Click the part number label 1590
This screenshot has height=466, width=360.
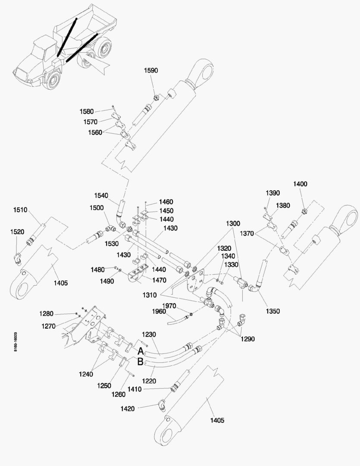(151, 70)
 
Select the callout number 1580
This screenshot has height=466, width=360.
(86, 111)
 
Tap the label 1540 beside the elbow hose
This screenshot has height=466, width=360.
(101, 195)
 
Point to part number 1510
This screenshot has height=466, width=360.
(20, 210)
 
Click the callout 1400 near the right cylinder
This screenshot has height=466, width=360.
(301, 184)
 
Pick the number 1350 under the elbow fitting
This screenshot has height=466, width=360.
(272, 311)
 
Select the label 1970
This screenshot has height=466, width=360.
(169, 306)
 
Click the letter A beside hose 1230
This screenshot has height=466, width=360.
(141, 351)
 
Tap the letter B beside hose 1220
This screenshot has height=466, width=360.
(141, 362)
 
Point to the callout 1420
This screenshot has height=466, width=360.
(128, 409)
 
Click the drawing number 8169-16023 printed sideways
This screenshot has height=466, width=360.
(15, 342)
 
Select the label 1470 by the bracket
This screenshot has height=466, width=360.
(159, 280)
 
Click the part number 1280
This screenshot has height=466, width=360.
(46, 314)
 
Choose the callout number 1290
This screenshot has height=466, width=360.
(248, 339)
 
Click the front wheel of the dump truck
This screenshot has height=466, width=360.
(53, 80)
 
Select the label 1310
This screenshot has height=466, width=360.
(150, 295)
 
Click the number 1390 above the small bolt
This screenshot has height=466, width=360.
(272, 193)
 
